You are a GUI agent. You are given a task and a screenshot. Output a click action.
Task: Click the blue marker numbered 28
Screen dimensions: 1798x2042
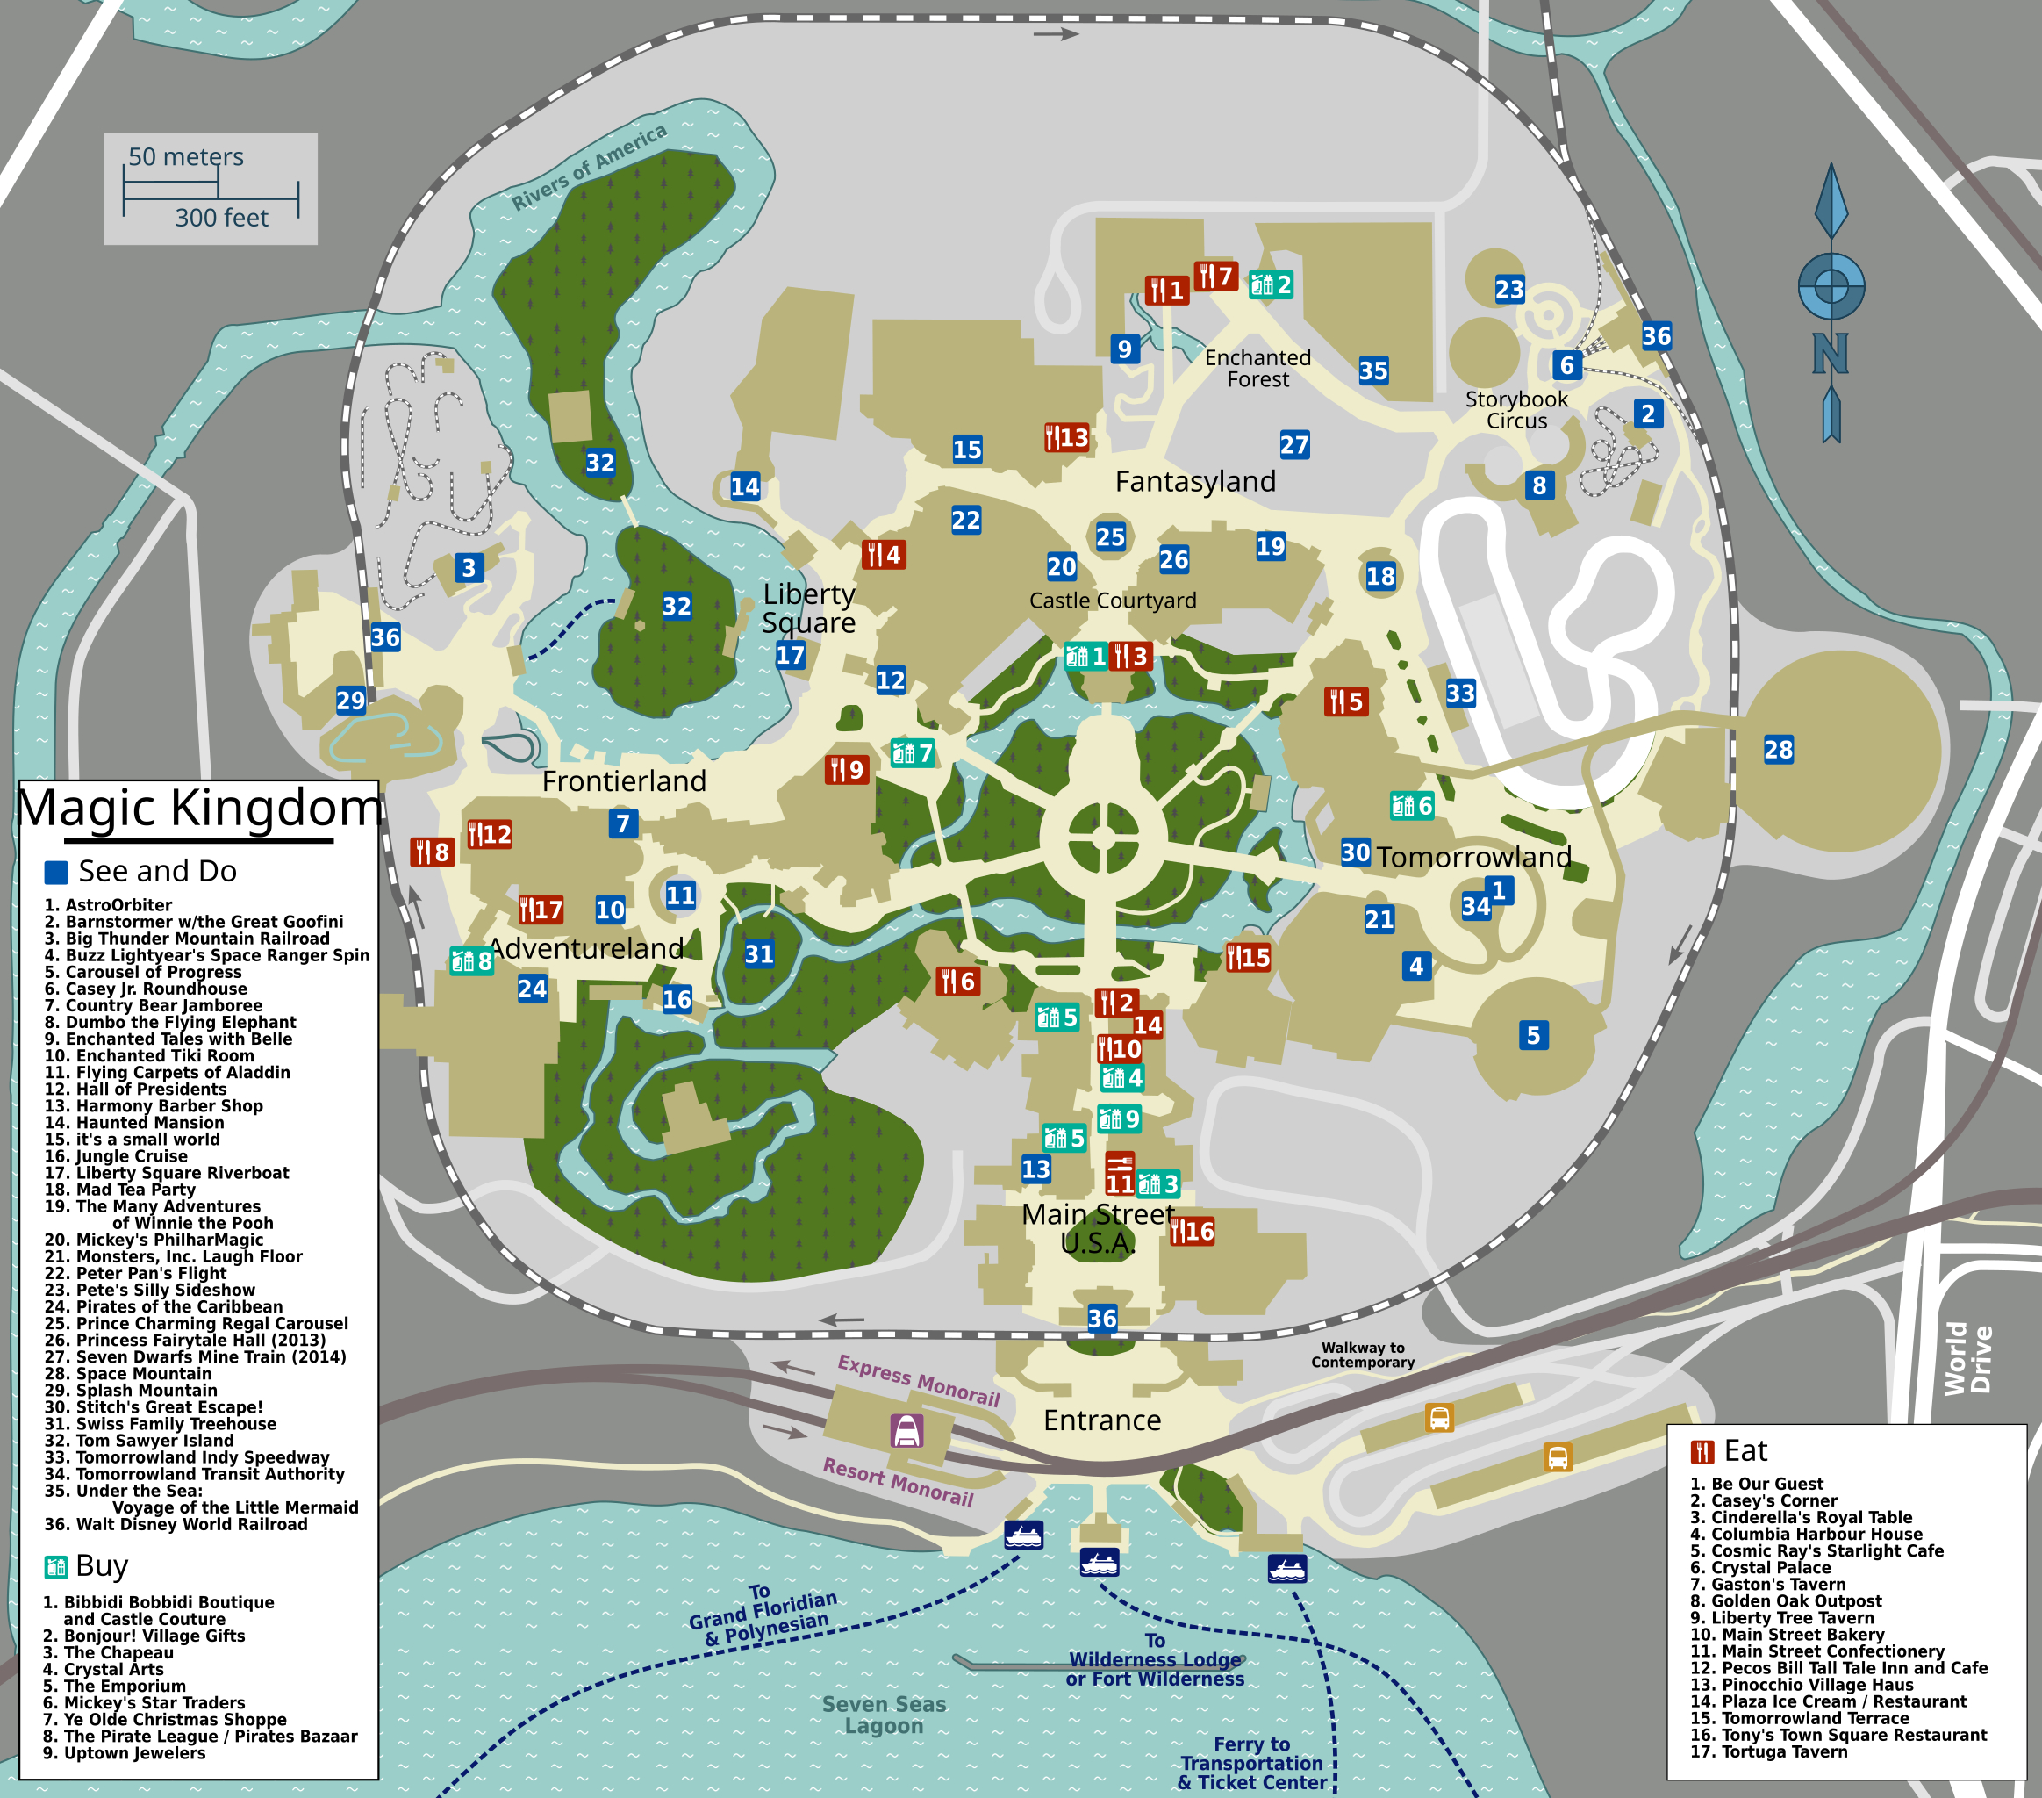1778,750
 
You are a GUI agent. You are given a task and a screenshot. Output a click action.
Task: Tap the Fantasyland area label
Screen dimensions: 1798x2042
1195,482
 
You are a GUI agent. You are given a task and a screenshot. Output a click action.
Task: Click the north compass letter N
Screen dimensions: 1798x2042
1831,354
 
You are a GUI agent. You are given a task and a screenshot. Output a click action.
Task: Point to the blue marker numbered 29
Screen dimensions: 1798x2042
351,701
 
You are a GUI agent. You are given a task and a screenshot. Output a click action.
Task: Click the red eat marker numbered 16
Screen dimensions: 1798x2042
1193,1232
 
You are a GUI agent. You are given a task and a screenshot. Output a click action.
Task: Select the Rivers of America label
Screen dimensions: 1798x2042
589,167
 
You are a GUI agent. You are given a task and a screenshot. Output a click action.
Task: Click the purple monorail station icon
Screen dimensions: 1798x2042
906,1431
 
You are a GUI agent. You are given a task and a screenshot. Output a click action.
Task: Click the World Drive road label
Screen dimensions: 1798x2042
1967,1358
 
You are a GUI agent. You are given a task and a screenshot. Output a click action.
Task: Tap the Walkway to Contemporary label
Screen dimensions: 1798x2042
1363,1356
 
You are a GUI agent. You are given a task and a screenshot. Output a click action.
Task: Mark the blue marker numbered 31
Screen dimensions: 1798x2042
759,954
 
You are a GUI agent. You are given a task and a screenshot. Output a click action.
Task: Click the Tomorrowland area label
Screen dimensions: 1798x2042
1473,857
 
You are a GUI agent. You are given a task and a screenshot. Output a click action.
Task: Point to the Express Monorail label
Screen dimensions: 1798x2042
918,1380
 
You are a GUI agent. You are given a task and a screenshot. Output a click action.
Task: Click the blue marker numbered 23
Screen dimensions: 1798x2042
1509,290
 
